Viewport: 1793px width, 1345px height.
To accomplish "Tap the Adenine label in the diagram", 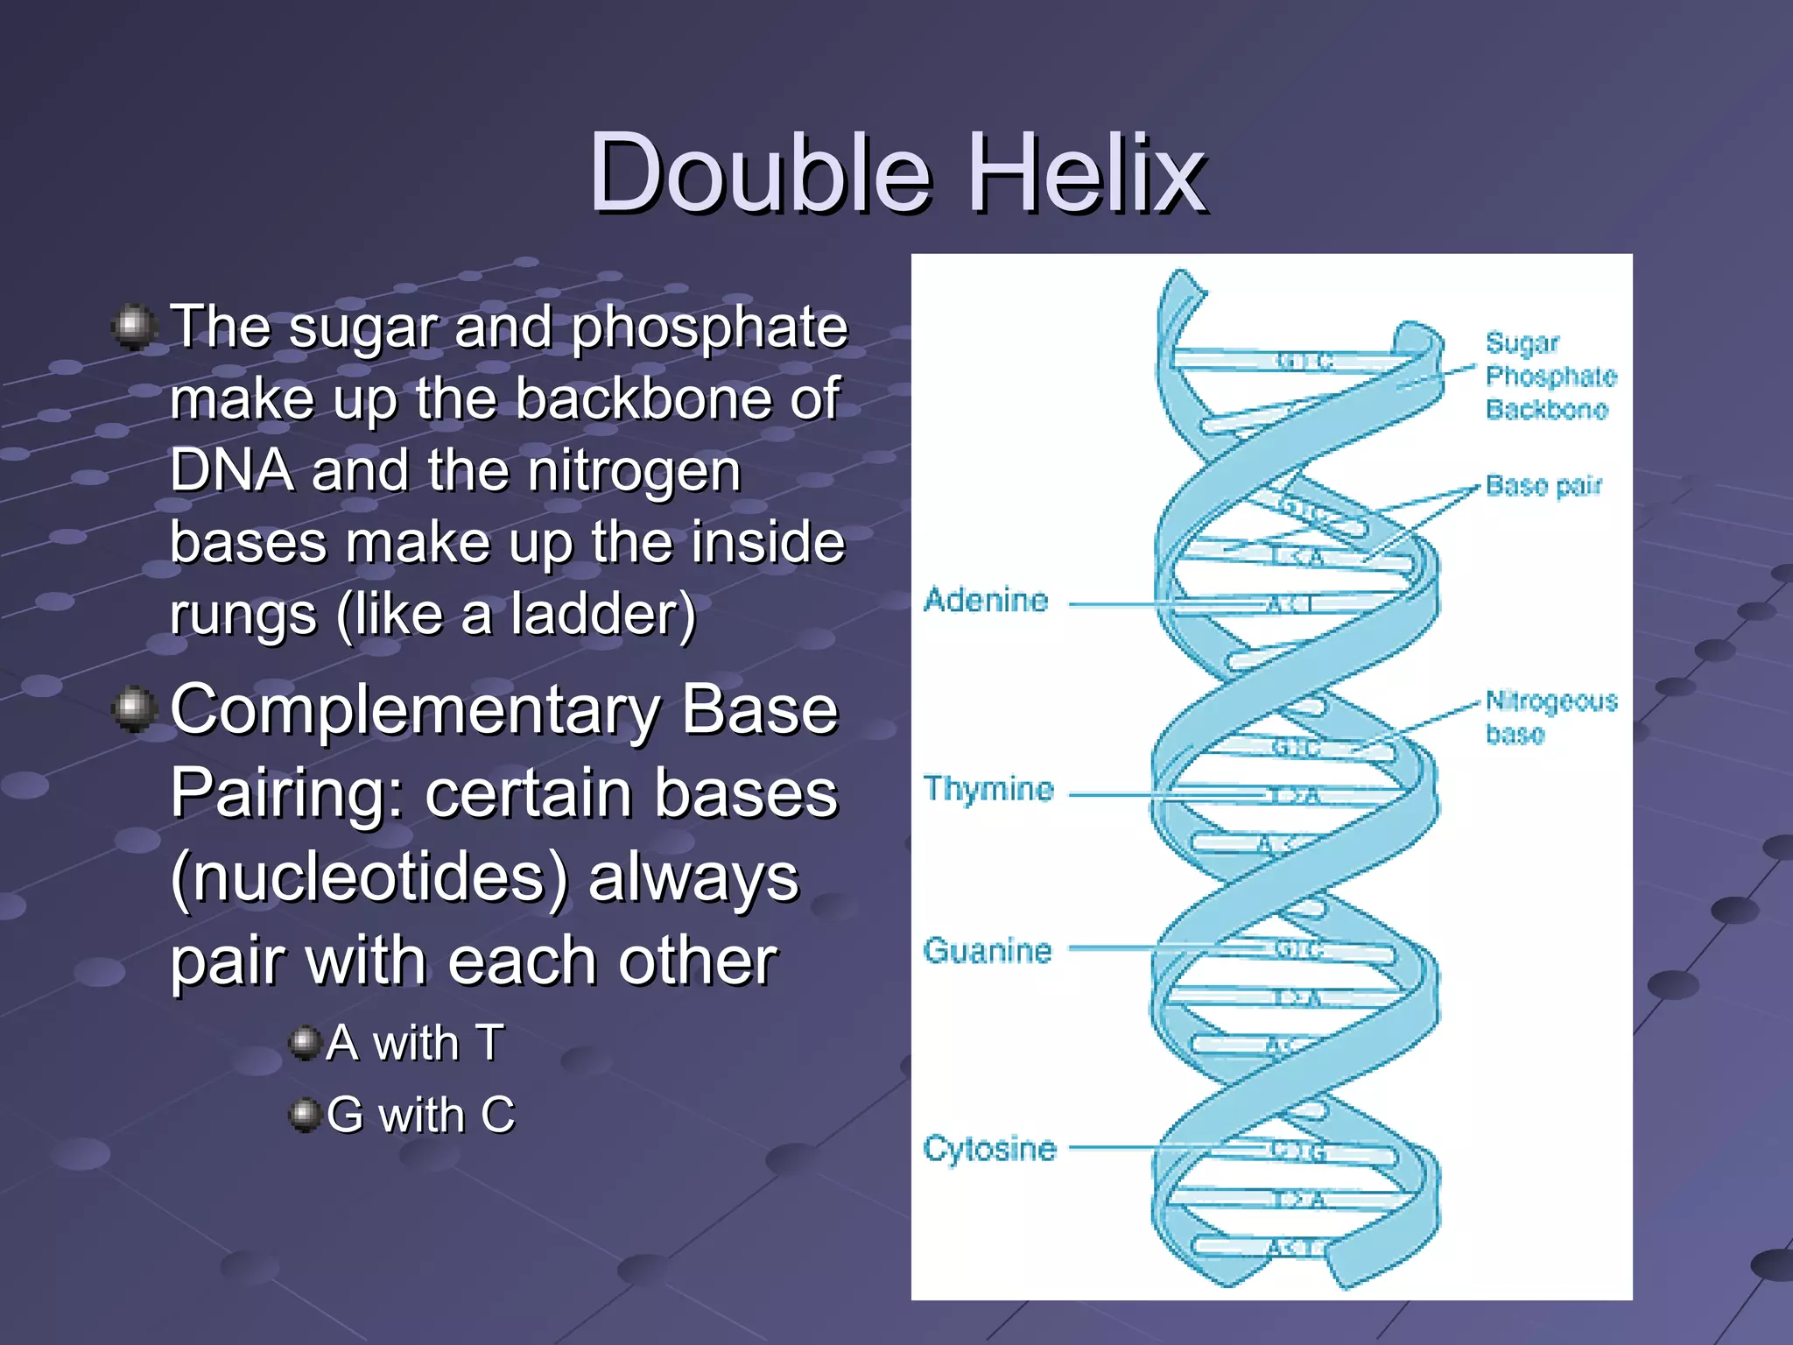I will tap(986, 601).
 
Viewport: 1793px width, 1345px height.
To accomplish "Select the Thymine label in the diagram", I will tap(988, 789).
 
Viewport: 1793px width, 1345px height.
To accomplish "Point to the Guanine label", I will tap(987, 951).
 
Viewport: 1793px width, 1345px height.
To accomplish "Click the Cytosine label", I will tap(989, 1148).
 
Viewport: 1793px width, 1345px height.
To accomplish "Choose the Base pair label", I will tap(1543, 486).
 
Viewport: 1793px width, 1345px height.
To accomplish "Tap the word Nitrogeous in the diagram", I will tap(1551, 701).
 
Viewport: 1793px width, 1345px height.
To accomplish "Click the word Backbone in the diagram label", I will tap(1547, 410).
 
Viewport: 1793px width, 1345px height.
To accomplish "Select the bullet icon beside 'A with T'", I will tap(304, 1043).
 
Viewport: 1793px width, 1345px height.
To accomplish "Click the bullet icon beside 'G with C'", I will tap(304, 1115).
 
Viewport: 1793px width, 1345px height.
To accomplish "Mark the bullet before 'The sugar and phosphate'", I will tap(134, 327).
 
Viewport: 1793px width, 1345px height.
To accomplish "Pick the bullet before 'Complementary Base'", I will tap(134, 708).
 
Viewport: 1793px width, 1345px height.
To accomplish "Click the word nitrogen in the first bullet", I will tap(634, 471).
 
